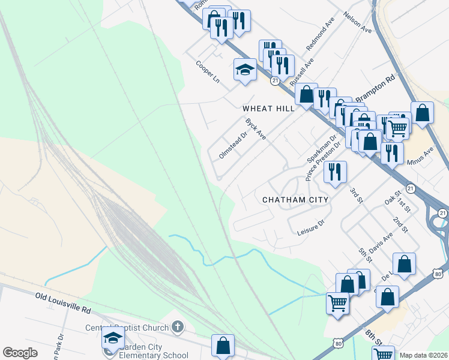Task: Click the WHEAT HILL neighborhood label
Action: (268, 109)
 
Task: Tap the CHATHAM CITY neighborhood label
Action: (295, 199)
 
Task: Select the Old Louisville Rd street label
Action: (62, 302)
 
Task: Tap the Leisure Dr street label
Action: (310, 226)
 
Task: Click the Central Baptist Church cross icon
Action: (176, 327)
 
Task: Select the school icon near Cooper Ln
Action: (245, 70)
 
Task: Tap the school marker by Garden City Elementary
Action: (113, 338)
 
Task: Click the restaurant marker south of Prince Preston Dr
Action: (334, 172)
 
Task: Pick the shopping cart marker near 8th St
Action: (337, 303)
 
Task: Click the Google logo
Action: (20, 353)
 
